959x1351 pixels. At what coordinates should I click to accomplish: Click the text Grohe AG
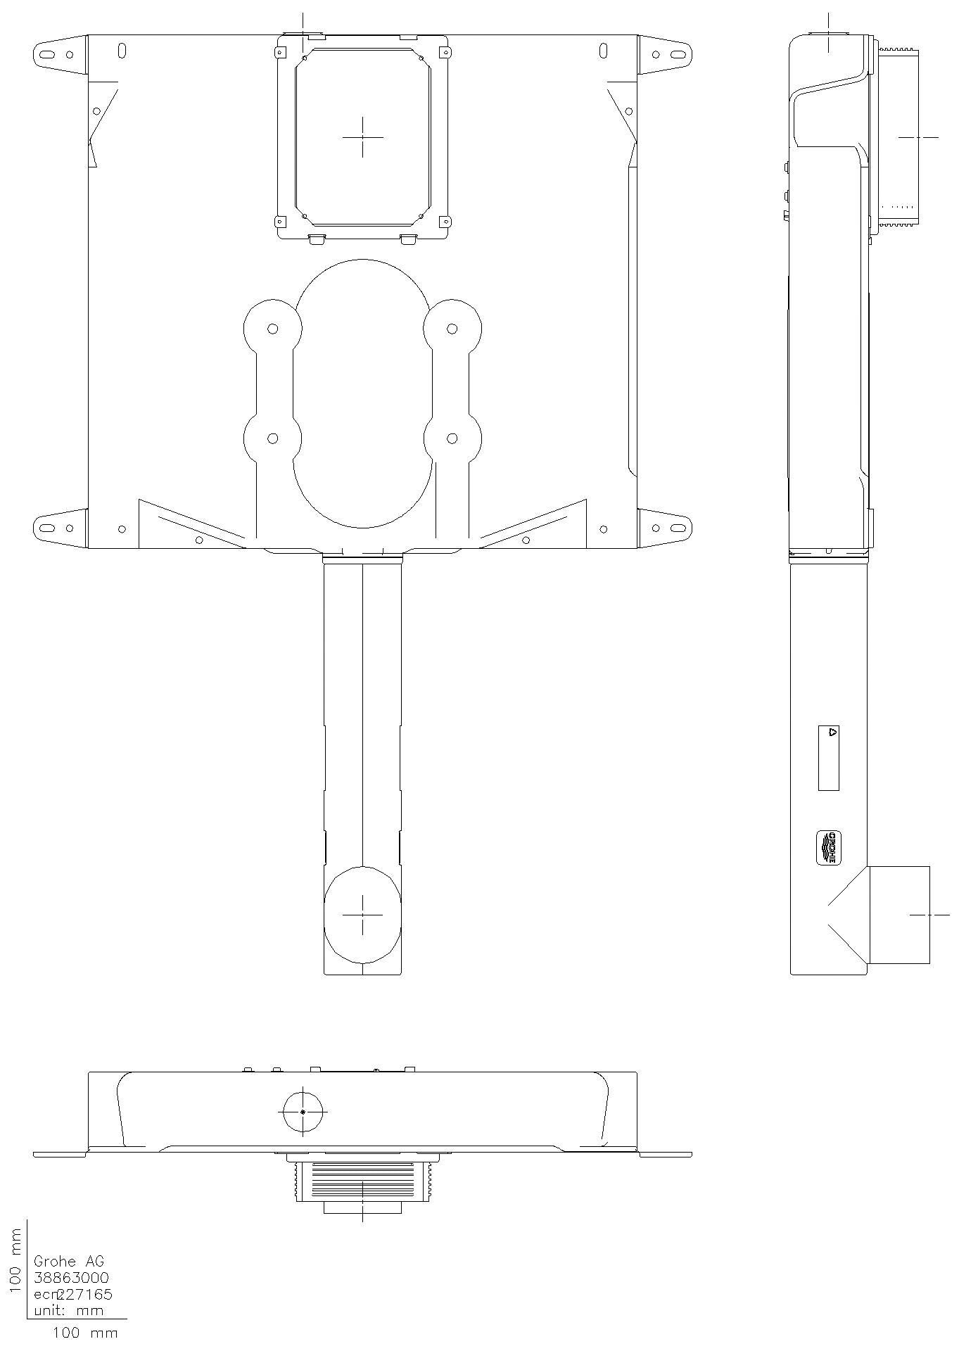click(x=68, y=1262)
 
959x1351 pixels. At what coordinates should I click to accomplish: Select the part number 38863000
click(x=71, y=1278)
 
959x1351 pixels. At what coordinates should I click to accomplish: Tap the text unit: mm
click(x=68, y=1310)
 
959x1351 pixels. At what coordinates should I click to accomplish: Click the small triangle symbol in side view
click(x=832, y=732)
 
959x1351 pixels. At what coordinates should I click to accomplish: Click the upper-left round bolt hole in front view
click(x=273, y=329)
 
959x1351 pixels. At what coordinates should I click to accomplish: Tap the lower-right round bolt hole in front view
click(x=452, y=438)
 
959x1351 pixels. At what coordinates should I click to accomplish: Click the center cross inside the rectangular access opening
click(x=363, y=137)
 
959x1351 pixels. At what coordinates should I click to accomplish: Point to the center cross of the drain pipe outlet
click(x=362, y=915)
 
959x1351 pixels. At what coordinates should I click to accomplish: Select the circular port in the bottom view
click(x=303, y=1112)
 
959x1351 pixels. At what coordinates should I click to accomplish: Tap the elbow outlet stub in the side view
click(x=899, y=915)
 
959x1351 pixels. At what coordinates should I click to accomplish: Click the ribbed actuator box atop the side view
click(x=898, y=137)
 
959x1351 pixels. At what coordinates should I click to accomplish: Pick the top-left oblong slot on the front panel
click(x=122, y=51)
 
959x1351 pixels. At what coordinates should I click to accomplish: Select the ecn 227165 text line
click(x=72, y=1294)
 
